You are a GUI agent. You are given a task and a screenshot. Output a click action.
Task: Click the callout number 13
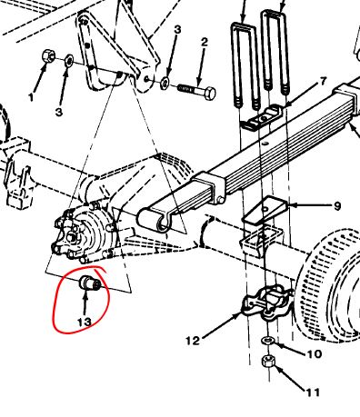[85, 322]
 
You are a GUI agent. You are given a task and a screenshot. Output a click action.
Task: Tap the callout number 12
[193, 341]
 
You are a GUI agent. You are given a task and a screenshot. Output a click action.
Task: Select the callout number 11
[313, 392]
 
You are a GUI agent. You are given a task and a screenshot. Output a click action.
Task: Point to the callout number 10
[314, 353]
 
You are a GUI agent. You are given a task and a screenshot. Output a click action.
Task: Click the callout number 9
[337, 206]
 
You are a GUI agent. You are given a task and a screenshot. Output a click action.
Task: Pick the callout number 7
[324, 81]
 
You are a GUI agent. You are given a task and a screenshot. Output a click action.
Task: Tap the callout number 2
[205, 42]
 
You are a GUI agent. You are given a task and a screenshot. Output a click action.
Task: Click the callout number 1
[31, 97]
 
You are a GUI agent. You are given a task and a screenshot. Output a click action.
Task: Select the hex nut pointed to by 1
[48, 56]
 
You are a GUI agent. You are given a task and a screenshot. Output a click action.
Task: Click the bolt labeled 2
[196, 91]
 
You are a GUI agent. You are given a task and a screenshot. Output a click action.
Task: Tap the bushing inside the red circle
[90, 283]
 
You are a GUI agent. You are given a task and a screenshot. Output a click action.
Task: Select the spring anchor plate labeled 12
[266, 302]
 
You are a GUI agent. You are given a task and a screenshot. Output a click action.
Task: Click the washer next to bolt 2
[165, 83]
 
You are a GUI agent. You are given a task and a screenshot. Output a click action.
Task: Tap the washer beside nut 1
[69, 61]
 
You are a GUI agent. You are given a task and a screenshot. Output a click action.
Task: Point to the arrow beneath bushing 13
[85, 303]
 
